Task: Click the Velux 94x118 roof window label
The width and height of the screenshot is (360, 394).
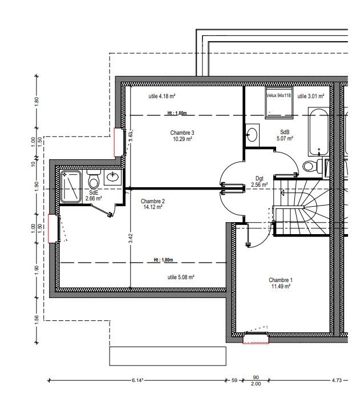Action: point(278,95)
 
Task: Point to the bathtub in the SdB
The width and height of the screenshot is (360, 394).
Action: point(318,132)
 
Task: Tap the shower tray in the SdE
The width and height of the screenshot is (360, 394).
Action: point(71,186)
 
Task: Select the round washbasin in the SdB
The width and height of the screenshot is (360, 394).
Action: point(252,135)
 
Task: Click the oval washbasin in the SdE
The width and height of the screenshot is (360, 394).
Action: point(113,177)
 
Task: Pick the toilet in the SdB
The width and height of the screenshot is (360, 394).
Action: point(312,166)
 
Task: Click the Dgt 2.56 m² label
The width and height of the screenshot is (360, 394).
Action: point(260,182)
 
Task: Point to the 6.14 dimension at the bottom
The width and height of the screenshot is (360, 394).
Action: point(137,380)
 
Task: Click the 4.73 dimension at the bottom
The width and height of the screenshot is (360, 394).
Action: point(337,380)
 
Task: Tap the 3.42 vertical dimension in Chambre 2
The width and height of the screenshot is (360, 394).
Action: point(130,238)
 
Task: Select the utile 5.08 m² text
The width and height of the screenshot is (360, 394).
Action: point(181,277)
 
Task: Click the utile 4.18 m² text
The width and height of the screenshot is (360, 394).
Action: point(161,96)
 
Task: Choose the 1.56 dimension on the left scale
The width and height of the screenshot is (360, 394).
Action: point(37,320)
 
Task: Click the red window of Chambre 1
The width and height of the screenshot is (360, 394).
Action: point(256,337)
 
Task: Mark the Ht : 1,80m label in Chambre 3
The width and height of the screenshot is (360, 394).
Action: point(177,113)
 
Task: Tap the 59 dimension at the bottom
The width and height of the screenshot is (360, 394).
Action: point(234,380)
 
